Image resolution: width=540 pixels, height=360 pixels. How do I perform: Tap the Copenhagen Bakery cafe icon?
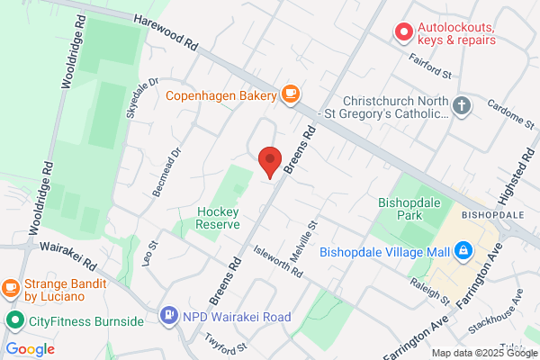point(290,93)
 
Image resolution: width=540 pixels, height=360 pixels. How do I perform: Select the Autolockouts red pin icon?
point(404,33)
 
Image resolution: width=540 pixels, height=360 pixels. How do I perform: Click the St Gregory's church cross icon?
point(462,105)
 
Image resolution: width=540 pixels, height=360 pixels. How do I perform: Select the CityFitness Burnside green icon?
point(14,320)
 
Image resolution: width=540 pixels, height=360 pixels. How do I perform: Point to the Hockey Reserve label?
point(217,219)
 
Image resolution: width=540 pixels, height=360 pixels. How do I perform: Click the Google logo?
point(30,349)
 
